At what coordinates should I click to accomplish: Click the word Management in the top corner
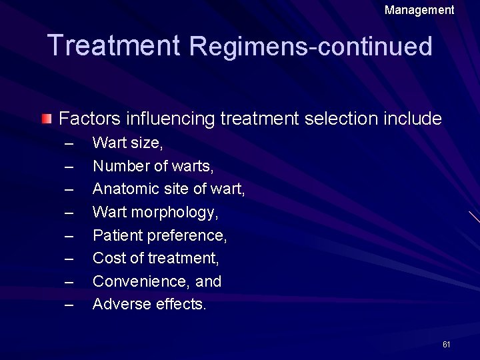pos(419,10)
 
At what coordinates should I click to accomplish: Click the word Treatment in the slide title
pos(114,45)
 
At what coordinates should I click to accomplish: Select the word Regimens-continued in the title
pos(311,46)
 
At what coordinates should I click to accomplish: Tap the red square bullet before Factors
pos(45,119)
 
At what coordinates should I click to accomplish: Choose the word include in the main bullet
pos(413,119)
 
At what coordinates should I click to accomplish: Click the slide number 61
pos(446,344)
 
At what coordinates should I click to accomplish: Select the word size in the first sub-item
pos(147,143)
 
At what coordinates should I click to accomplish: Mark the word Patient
pos(115,235)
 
